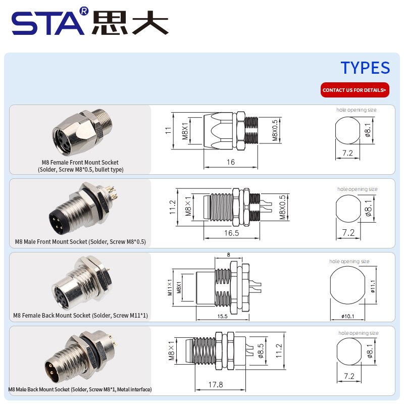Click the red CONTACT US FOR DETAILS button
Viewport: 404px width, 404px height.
355,90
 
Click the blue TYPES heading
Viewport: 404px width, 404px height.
365,68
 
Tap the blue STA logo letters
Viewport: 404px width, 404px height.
48,23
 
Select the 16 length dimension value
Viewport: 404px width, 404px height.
231,162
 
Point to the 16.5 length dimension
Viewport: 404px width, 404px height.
231,233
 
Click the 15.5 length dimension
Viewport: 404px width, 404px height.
222,316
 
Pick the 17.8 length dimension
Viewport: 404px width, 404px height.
216,385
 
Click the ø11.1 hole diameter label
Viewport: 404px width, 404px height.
373,286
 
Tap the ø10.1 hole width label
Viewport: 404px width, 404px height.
347,316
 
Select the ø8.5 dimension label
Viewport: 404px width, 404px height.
261,350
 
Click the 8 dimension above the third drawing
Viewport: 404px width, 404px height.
228,255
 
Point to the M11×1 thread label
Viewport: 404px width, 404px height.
170,287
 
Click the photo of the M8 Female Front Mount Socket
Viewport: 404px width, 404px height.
82,132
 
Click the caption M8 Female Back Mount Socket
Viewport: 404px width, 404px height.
80,316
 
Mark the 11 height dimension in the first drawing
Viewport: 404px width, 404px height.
168,130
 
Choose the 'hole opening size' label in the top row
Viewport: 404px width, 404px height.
356,110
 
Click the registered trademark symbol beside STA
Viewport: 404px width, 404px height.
84,11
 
